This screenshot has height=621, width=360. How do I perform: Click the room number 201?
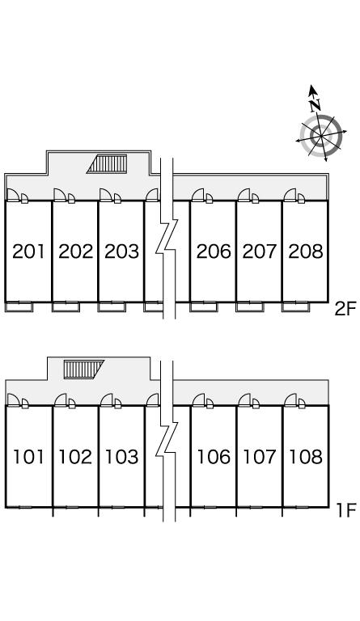tap(28, 251)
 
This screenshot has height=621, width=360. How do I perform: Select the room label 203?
tap(121, 251)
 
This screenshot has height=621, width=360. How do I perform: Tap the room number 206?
tap(214, 251)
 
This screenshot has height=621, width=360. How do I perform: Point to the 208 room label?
tap(306, 251)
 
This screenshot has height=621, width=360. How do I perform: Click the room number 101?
tap(28, 457)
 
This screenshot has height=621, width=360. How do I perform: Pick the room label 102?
tap(75, 457)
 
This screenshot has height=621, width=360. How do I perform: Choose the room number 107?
tap(260, 457)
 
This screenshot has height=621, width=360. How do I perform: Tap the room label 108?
tap(306, 457)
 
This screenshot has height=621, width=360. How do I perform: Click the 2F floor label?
tap(345, 309)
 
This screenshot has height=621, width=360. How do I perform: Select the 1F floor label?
tap(346, 510)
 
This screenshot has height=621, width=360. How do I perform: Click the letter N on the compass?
tap(316, 105)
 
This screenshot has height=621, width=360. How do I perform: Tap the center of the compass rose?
tap(321, 136)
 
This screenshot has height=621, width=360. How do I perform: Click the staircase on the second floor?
tap(108, 164)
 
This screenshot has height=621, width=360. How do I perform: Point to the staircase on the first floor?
tap(84, 370)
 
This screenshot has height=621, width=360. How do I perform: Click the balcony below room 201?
tap(19, 307)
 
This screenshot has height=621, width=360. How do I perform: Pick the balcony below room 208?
tap(296, 307)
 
